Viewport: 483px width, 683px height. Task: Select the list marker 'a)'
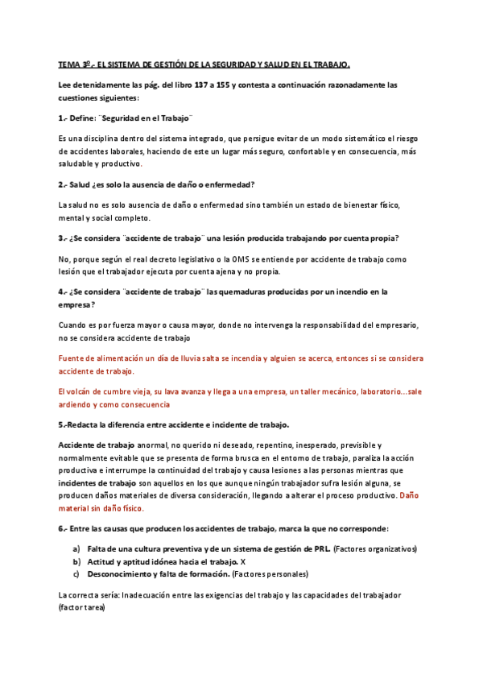click(x=76, y=548)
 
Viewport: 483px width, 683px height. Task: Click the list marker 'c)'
click(x=76, y=573)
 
